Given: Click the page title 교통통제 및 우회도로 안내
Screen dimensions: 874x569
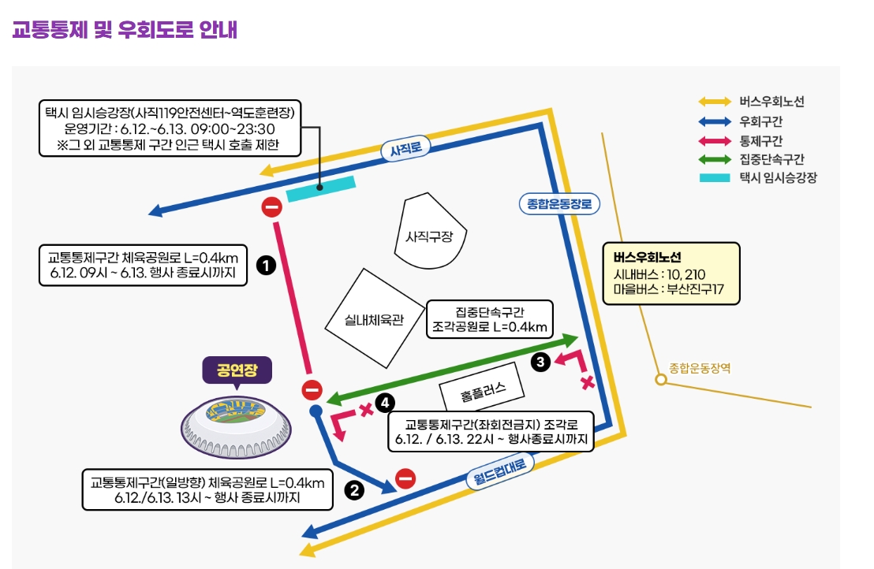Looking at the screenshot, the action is pos(125,29).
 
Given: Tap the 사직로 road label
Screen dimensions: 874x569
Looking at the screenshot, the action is pos(405,149).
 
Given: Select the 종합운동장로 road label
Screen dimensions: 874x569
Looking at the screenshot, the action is pos(559,204).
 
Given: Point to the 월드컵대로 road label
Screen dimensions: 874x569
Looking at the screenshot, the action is pos(499,470).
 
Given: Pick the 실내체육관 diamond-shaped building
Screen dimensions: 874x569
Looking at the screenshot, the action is pos(374,319).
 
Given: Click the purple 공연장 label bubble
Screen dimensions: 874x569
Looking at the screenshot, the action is pos(237,370).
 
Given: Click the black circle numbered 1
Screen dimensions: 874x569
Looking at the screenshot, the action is pos(266,265).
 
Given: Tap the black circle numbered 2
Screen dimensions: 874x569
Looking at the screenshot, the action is pos(354,490).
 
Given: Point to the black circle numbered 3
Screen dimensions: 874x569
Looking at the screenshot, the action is pos(540,362).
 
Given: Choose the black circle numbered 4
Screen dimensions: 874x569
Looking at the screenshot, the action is pos(385,403).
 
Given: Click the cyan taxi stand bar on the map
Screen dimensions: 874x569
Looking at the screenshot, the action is pos(321,188).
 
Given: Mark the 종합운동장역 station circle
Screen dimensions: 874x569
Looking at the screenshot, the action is pos(661,380).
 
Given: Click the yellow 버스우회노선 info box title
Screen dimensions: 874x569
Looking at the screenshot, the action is pos(647,257).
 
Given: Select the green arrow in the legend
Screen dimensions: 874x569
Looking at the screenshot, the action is pos(715,160).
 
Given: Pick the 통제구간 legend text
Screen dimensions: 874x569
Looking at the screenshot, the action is pos(761,140).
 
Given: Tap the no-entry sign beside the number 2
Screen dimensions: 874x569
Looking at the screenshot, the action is pos(405,478).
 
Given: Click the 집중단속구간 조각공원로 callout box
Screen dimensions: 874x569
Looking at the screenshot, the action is pos(489,319).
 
